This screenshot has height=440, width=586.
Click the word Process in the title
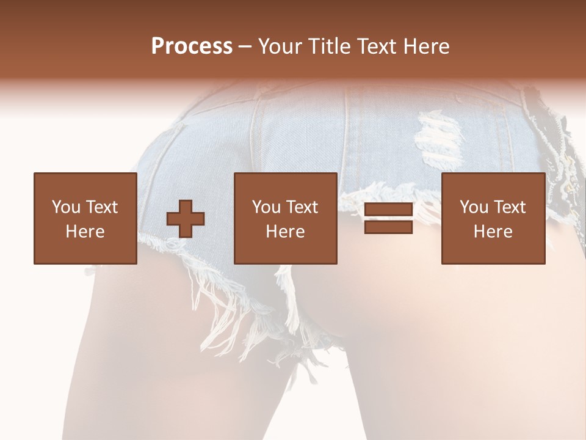[x=192, y=46]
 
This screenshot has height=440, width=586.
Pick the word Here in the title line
[x=427, y=46]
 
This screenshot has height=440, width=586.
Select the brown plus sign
[x=186, y=219]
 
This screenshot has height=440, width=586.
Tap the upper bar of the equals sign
[x=388, y=210]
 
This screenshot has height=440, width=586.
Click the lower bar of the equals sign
[x=388, y=227]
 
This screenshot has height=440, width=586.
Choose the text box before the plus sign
[x=85, y=218]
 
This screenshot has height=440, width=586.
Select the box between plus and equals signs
[x=285, y=218]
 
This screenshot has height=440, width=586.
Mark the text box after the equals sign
[x=493, y=218]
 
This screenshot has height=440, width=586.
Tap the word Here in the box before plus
[x=85, y=232]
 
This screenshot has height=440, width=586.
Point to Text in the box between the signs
[x=302, y=207]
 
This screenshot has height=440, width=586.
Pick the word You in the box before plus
[x=66, y=207]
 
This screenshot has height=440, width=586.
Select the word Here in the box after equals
[x=493, y=232]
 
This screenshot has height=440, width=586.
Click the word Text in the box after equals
[x=510, y=207]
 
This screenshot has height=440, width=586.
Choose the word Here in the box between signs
[x=285, y=232]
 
